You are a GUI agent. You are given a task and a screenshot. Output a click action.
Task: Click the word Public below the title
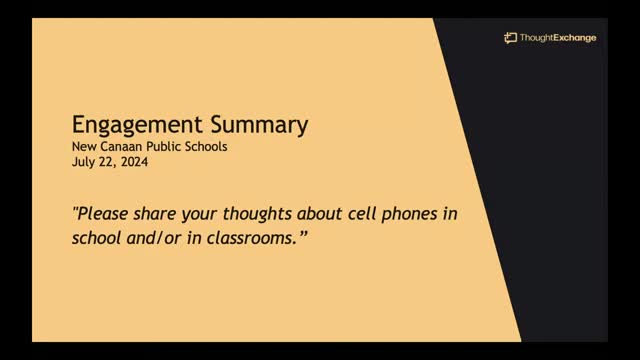tap(167, 147)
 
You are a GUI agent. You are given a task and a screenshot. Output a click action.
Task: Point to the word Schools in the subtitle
tap(209, 147)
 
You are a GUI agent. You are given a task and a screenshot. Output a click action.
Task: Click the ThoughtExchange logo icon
tap(510, 38)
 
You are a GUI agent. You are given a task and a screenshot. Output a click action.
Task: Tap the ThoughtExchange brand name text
tap(557, 38)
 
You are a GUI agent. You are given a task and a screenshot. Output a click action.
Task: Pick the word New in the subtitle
tap(84, 147)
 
